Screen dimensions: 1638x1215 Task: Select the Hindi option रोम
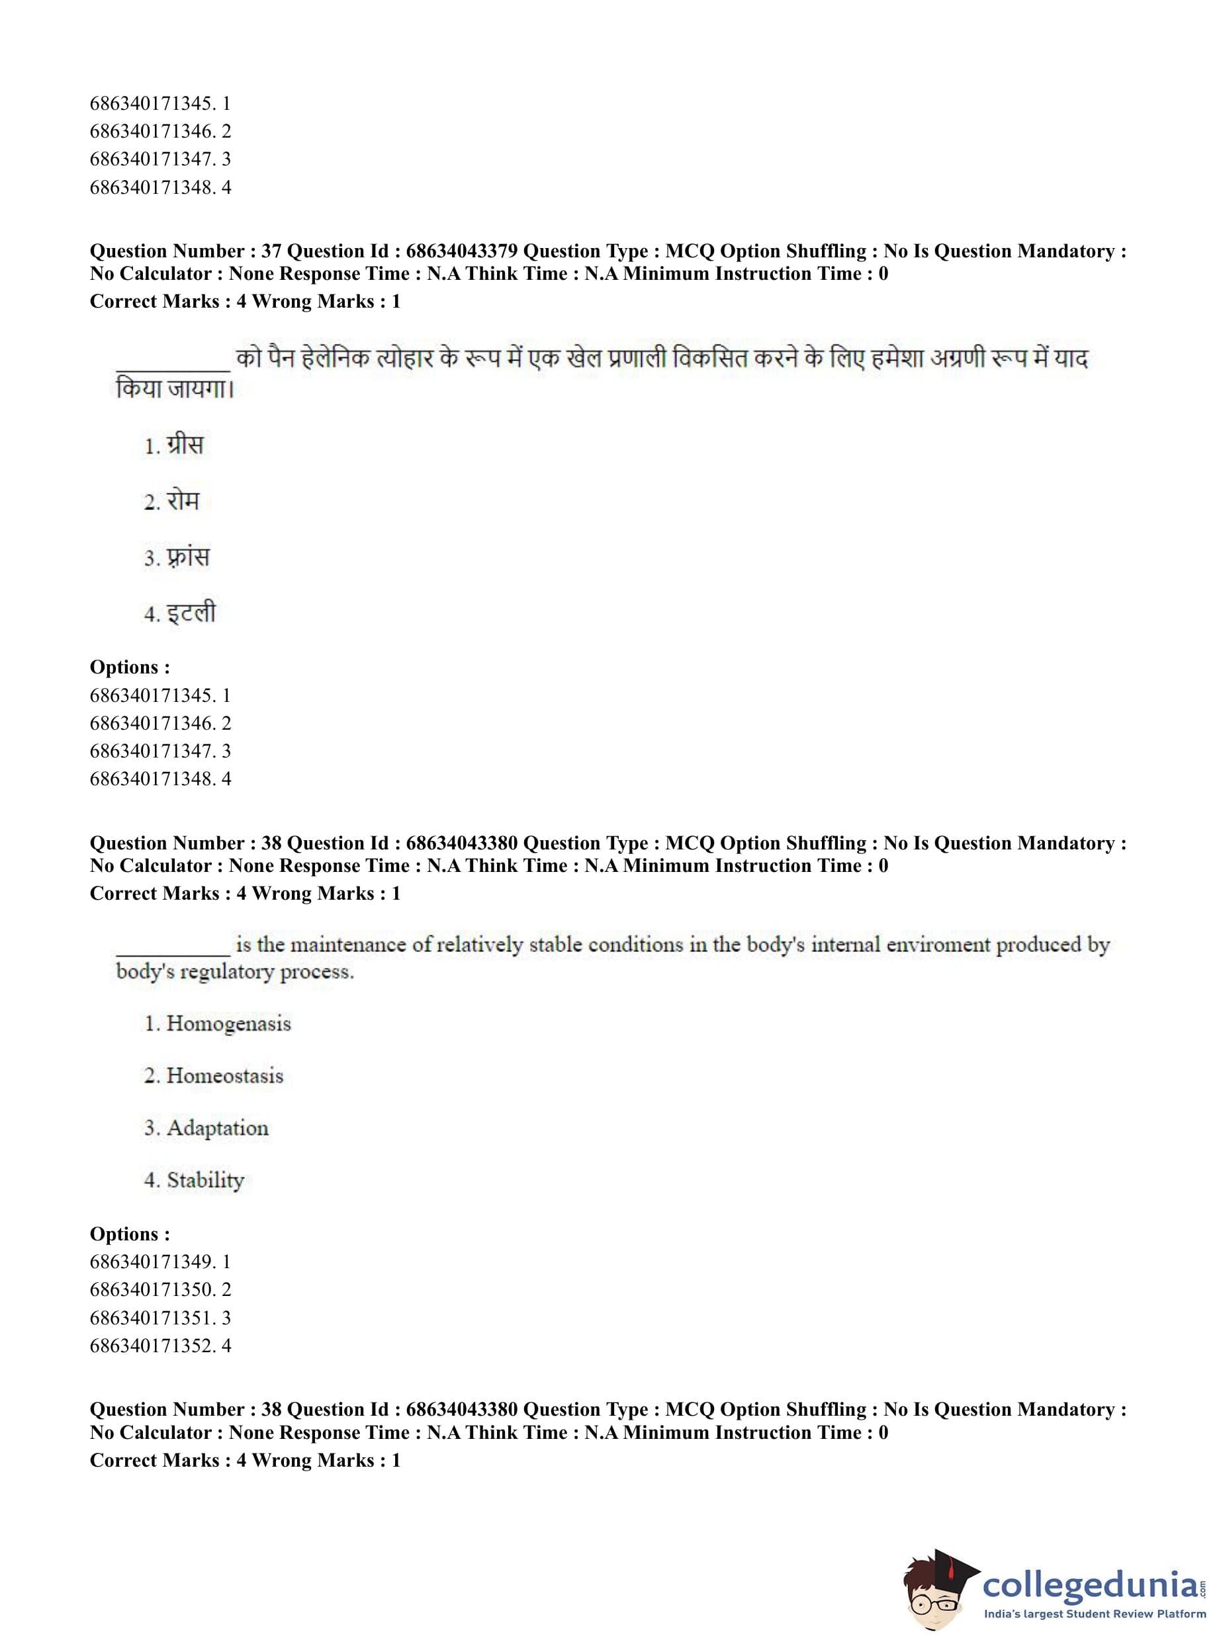click(x=182, y=501)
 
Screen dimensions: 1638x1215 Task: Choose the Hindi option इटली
click(x=190, y=613)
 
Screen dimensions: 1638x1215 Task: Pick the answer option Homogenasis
click(x=228, y=1023)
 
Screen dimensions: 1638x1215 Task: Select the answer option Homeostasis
click(x=224, y=1076)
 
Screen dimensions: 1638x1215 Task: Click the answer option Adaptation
click(x=217, y=1128)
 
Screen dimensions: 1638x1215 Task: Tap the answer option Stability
click(x=205, y=1180)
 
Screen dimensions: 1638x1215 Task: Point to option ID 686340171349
click(x=152, y=1262)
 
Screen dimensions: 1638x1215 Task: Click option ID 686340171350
click(x=152, y=1289)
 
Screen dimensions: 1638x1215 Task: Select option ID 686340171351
click(x=152, y=1317)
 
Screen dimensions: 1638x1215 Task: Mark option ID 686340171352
click(x=152, y=1346)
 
